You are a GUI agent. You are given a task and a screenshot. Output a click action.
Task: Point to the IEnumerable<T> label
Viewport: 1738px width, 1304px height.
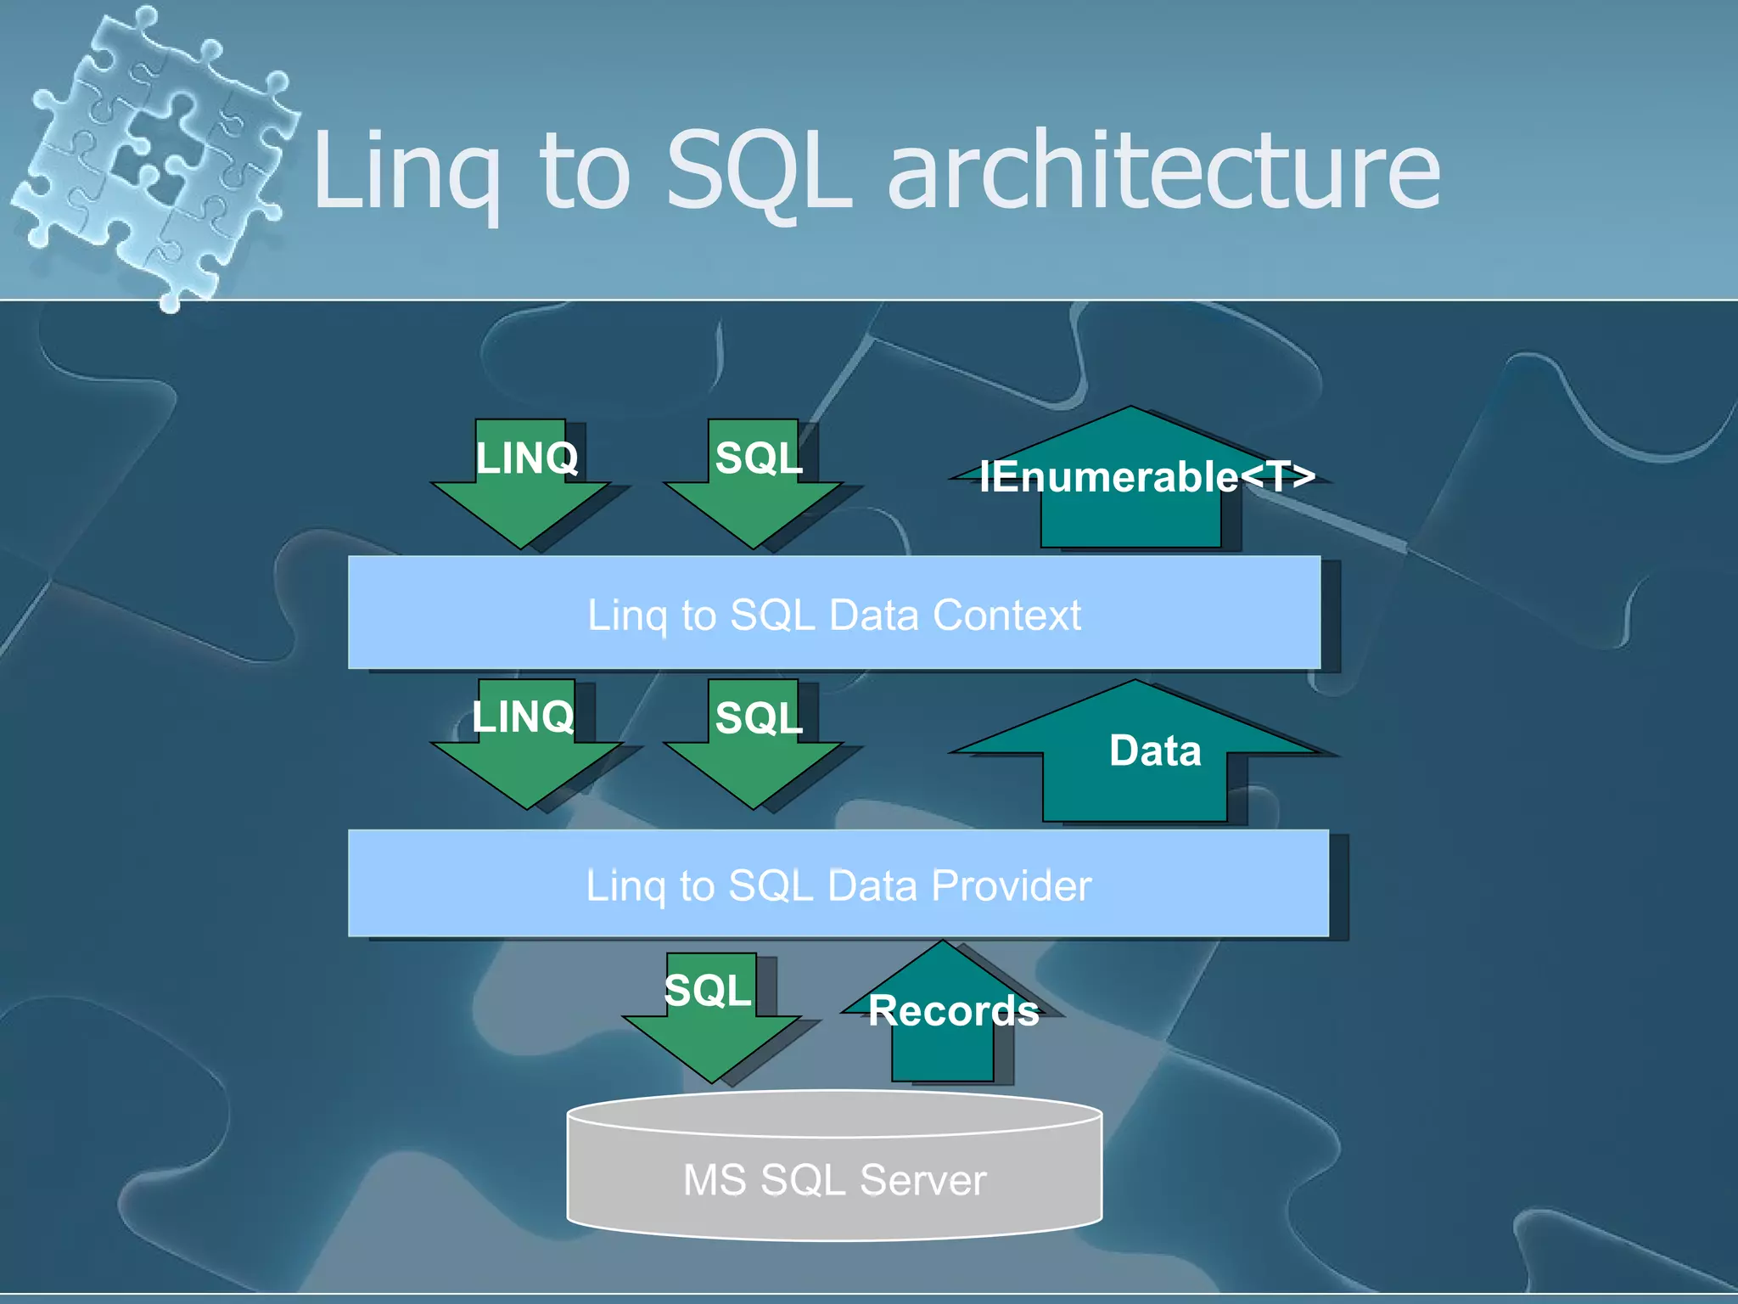[1147, 476]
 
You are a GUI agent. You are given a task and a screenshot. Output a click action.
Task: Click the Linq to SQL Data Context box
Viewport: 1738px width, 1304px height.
[834, 613]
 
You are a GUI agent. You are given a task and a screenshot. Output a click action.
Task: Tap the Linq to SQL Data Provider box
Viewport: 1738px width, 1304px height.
[838, 884]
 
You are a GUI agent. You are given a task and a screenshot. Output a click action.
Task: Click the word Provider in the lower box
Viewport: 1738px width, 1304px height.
[1011, 885]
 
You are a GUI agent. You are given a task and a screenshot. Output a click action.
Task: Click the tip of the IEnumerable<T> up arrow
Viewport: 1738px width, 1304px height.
[1130, 411]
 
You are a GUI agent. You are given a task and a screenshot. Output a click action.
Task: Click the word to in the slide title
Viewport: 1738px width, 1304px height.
[584, 174]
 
